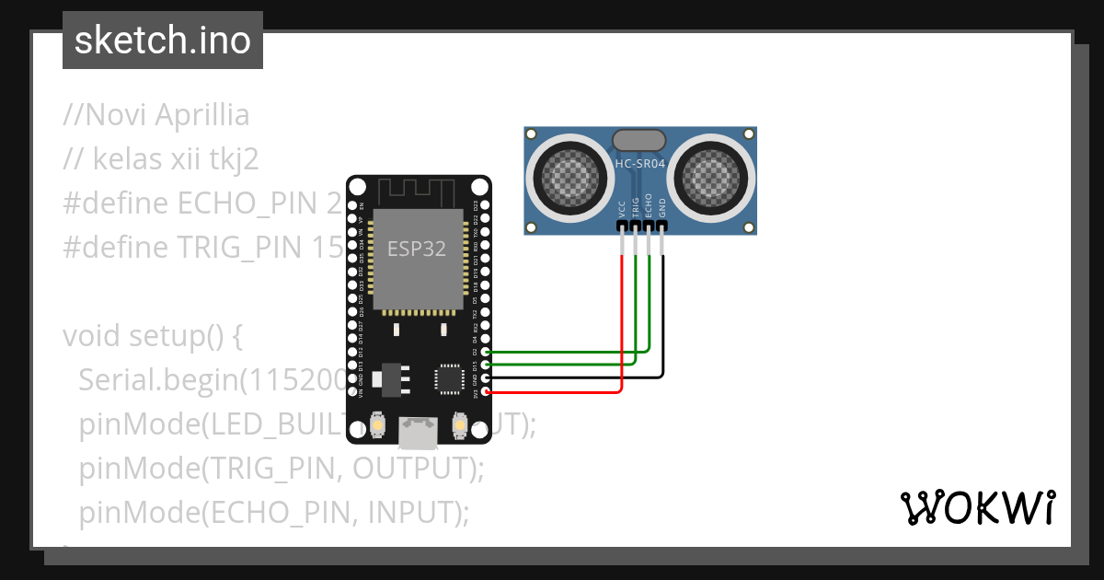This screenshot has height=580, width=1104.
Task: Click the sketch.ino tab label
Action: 163,41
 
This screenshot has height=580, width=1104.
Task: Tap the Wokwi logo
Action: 977,507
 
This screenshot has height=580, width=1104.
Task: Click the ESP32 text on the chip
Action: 417,249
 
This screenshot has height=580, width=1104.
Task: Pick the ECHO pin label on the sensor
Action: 649,204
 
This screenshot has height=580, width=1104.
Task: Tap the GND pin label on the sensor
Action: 662,206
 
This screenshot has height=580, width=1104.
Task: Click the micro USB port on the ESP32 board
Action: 418,431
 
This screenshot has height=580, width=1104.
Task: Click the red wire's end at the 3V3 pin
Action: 486,392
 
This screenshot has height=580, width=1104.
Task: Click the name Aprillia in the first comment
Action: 201,116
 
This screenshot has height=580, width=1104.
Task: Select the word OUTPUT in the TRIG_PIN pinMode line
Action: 414,469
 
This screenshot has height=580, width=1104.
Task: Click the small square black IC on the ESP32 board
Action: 450,378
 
